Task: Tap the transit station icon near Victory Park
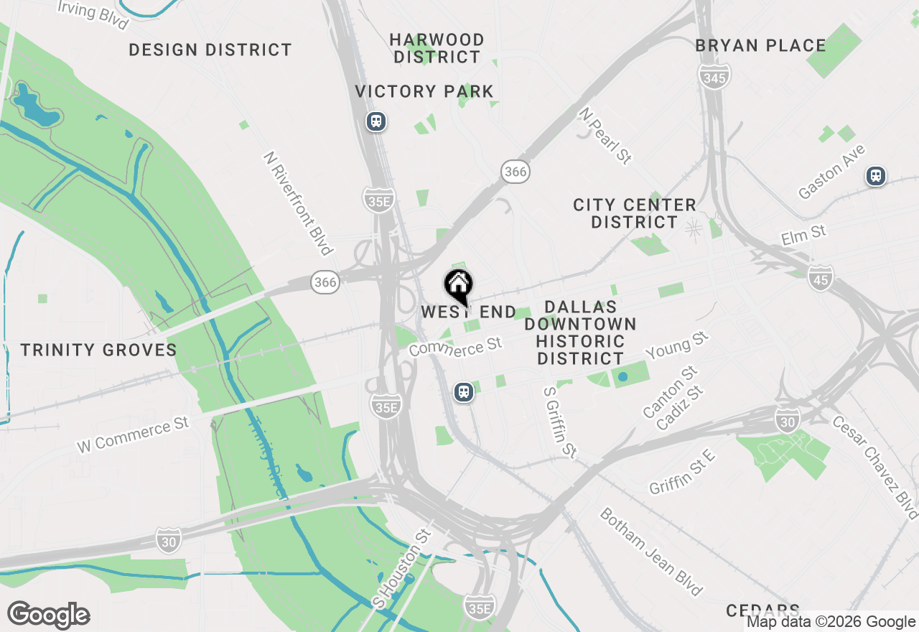point(375,121)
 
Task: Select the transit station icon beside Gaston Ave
point(875,175)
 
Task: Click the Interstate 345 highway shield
point(714,78)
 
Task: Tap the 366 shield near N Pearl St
point(516,171)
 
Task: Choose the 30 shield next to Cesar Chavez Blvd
point(788,422)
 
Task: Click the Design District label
point(210,50)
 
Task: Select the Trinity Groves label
point(98,350)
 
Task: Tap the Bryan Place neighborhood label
point(760,45)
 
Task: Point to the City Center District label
point(635,213)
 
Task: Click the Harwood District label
point(437,48)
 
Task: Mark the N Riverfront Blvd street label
point(298,203)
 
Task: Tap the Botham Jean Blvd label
point(650,552)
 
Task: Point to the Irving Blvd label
point(93,14)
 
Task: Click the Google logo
point(48,615)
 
